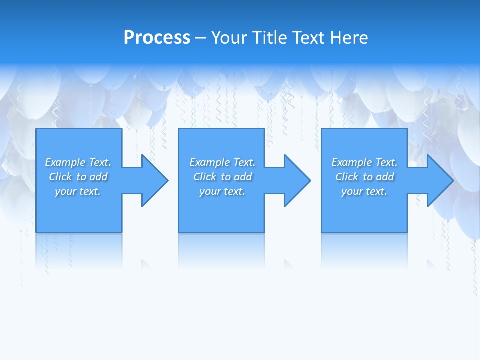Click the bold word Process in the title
click(157, 38)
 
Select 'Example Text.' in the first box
click(78, 162)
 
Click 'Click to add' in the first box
click(78, 177)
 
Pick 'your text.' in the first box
click(78, 191)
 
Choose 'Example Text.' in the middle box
click(222, 162)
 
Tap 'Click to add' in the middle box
click(222, 177)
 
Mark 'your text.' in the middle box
click(222, 191)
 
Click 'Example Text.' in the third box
click(364, 162)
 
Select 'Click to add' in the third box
click(364, 177)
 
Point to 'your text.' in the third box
click(364, 191)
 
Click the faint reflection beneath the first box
click(79, 250)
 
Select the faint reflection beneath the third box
click(364, 250)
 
